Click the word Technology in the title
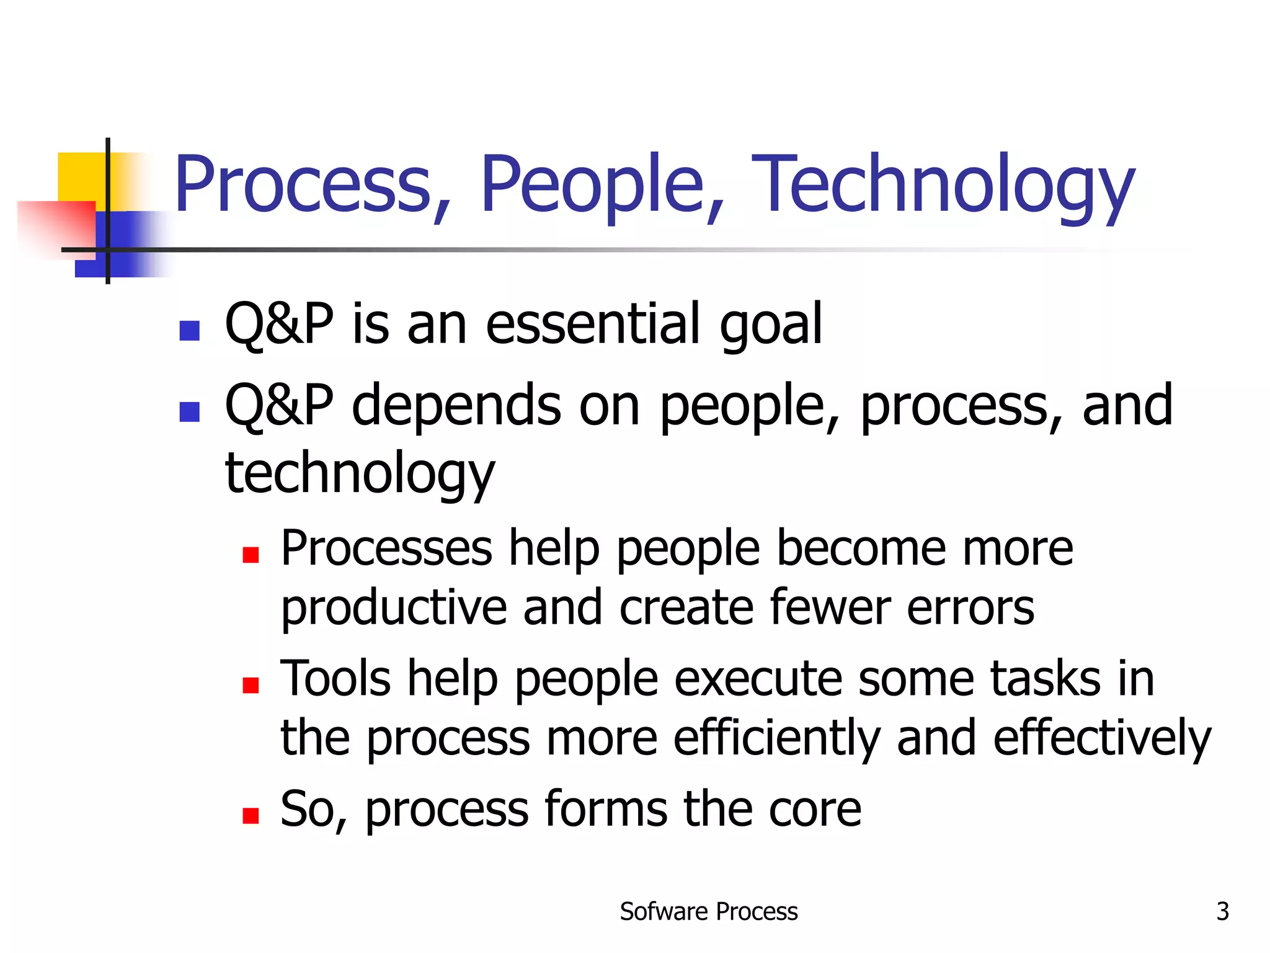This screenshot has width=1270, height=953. (943, 185)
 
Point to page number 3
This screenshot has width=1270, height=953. (1222, 911)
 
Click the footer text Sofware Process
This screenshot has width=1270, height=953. (708, 911)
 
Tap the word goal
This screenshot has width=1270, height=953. (770, 326)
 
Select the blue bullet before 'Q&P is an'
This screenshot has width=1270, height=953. (189, 330)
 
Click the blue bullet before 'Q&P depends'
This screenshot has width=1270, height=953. (189, 411)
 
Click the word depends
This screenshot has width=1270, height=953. (456, 406)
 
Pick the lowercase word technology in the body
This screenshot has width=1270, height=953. (360, 475)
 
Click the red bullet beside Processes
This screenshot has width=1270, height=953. (251, 554)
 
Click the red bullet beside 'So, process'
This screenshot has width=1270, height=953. (251, 815)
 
